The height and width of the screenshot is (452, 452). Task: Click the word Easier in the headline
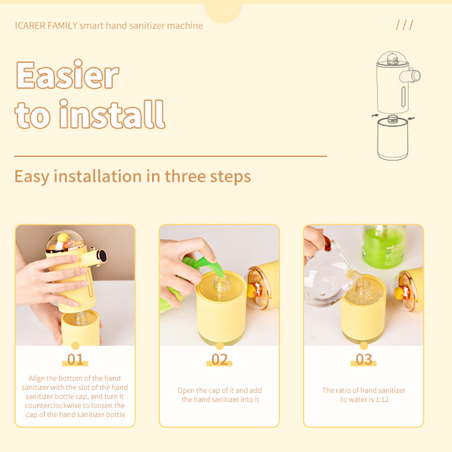click(67, 75)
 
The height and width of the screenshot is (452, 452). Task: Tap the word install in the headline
click(112, 114)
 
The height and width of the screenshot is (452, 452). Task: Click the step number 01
click(75, 359)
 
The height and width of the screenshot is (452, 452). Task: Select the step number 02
click(219, 359)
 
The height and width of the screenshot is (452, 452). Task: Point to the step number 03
click(364, 359)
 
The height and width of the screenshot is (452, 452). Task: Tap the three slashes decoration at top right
click(405, 25)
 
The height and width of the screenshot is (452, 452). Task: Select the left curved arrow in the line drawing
click(375, 116)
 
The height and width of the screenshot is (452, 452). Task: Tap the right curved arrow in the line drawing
click(411, 118)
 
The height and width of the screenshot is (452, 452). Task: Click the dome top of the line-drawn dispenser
click(392, 59)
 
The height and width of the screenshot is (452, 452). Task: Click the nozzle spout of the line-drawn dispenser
click(411, 76)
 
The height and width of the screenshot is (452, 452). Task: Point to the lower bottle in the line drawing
click(393, 138)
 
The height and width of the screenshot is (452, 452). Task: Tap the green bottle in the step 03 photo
click(384, 246)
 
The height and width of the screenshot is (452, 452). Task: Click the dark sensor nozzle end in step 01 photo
click(102, 256)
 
